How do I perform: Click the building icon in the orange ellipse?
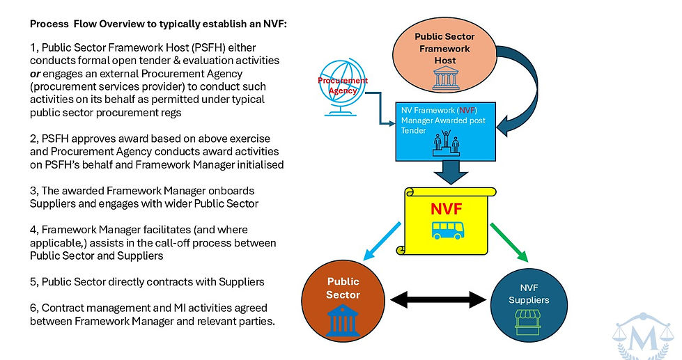coord(444,79)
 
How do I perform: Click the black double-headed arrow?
coord(437,299)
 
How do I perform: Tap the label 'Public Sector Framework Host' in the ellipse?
coord(444,48)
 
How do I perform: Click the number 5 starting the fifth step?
coord(33,282)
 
